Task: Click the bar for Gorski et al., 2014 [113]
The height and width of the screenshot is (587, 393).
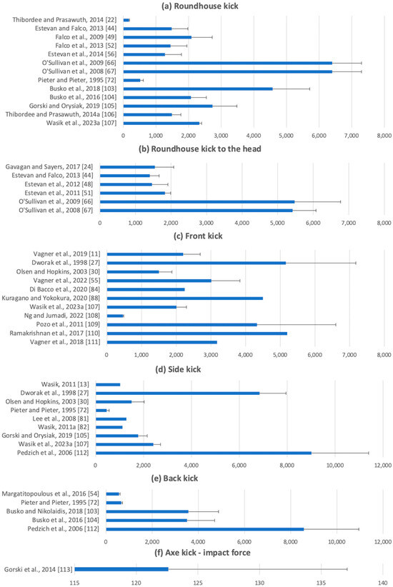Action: (x=121, y=569)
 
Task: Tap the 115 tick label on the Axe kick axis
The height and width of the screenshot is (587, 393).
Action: (x=74, y=583)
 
